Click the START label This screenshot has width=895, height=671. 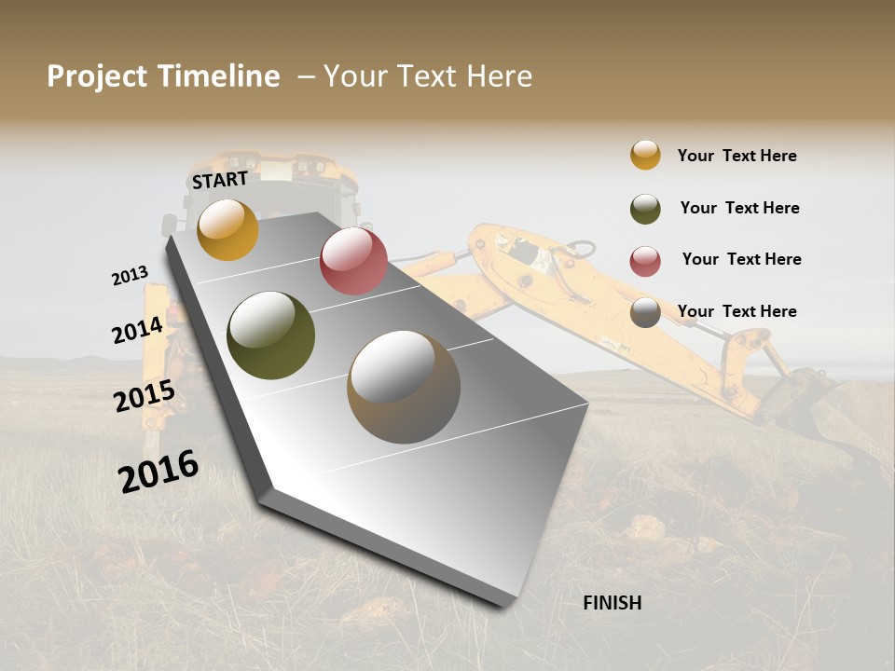[x=220, y=179]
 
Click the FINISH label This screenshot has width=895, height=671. [x=612, y=603]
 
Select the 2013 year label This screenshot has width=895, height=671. [x=130, y=276]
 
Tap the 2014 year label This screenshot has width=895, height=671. [x=137, y=330]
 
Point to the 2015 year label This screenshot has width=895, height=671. [x=144, y=396]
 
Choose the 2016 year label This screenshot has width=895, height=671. [x=158, y=471]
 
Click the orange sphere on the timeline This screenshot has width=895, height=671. [x=227, y=229]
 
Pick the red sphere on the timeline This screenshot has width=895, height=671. [x=353, y=261]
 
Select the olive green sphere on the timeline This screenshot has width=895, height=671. [x=270, y=335]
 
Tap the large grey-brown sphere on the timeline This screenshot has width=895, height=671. [x=404, y=387]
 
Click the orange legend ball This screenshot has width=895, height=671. [x=645, y=155]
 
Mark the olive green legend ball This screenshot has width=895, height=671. [x=645, y=209]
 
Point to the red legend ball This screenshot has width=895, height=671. [x=645, y=261]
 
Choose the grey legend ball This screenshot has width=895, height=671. [x=645, y=313]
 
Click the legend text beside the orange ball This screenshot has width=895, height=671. [x=737, y=156]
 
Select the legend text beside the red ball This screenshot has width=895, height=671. [x=741, y=259]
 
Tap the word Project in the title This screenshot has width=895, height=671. [x=97, y=77]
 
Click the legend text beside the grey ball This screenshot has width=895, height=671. [x=737, y=311]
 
